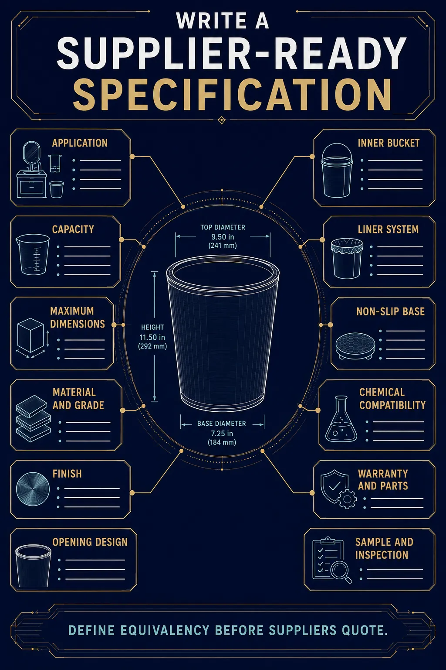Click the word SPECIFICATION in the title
[232, 95]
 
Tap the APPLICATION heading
[80, 143]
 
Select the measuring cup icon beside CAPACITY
[32, 255]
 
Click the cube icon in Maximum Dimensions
[31, 336]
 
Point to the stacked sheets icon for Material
[33, 418]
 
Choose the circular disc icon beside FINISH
[33, 489]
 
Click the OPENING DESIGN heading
[90, 542]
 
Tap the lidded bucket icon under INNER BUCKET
[337, 170]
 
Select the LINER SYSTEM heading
[389, 229]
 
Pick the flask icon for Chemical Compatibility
[341, 419]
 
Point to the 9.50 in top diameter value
[223, 237]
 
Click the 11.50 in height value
[152, 337]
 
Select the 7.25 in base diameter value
[222, 434]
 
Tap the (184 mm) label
[222, 442]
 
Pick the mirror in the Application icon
[31, 151]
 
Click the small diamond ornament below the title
[222, 120]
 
